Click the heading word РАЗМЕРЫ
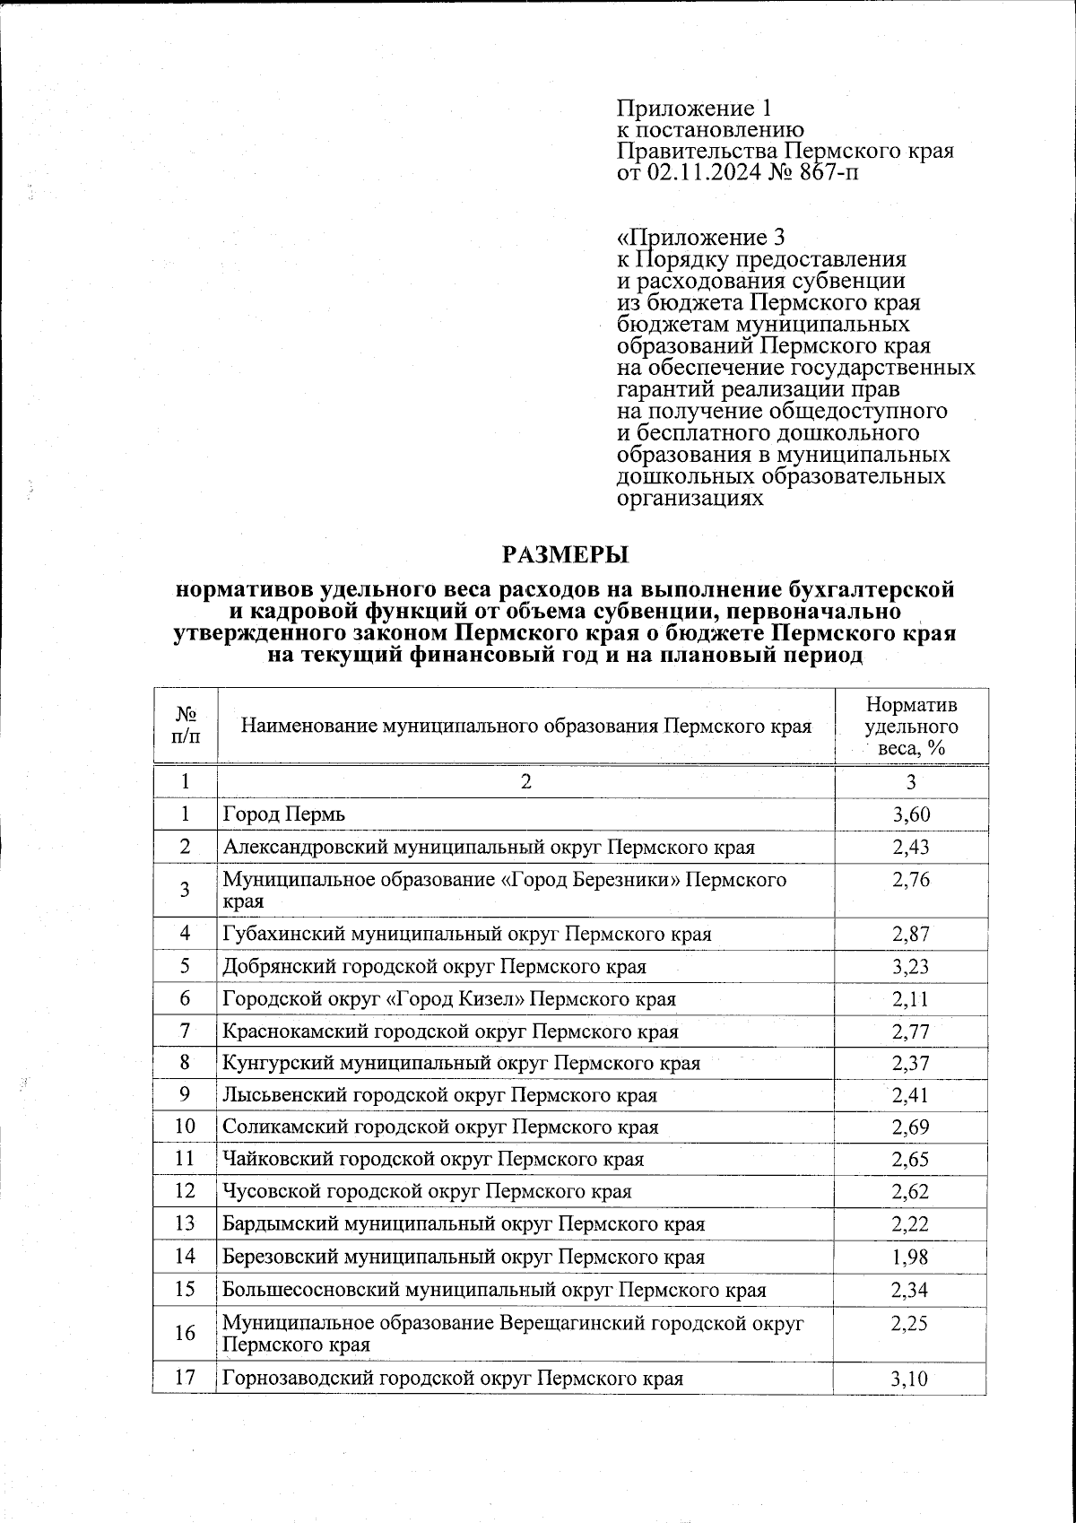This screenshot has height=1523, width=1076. (x=565, y=554)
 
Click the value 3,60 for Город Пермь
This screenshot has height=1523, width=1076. (x=910, y=814)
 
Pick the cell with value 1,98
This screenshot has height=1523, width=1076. (x=910, y=1258)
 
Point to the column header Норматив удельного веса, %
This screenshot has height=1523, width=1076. (x=912, y=727)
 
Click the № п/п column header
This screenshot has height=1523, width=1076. (x=185, y=726)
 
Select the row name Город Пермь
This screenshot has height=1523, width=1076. (x=284, y=814)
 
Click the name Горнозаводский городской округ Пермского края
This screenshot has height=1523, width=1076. (x=453, y=1379)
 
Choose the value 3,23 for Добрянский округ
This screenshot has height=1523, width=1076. (x=910, y=967)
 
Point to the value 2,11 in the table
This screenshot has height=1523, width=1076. (x=910, y=999)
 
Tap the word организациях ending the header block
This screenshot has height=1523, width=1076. (x=690, y=499)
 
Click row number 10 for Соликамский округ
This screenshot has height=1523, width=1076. (x=185, y=1127)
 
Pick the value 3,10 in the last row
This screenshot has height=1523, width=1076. (x=910, y=1379)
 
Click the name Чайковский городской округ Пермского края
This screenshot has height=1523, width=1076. (x=433, y=1160)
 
